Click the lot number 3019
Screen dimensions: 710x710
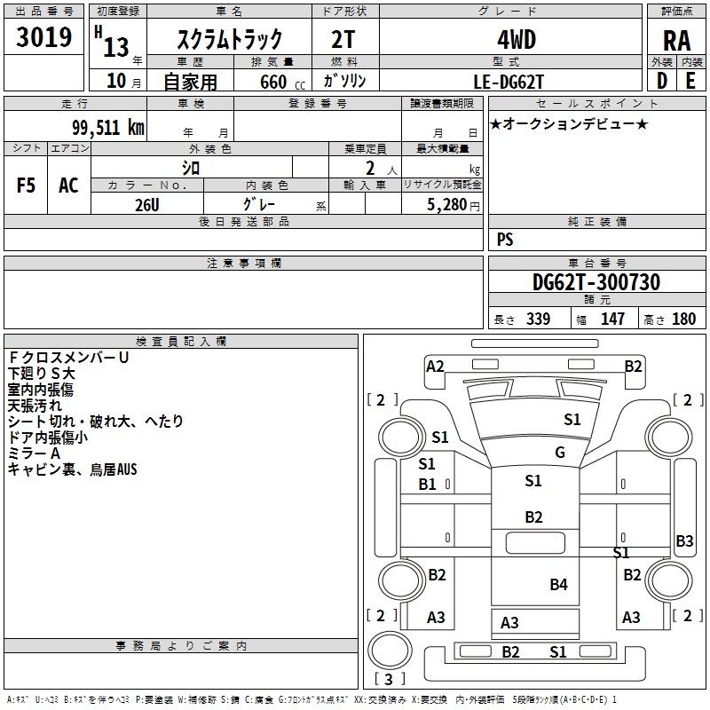[43, 37]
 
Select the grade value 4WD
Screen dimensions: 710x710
[517, 40]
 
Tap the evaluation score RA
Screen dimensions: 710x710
[676, 41]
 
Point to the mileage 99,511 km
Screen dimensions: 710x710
[108, 128]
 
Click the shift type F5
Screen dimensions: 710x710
[26, 185]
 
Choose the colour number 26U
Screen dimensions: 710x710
[147, 205]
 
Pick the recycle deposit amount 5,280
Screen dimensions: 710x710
[447, 205]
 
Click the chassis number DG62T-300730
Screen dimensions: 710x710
[596, 282]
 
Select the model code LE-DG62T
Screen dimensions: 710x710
[508, 82]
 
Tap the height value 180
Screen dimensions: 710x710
[683, 319]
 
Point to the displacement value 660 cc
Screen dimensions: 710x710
[282, 82]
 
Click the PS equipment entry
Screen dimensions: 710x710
[505, 240]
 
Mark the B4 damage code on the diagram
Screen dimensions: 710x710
[558, 585]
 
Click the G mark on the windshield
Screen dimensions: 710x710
[560, 453]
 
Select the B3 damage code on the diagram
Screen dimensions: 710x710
[684, 540]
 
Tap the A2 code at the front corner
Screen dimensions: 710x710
[435, 367]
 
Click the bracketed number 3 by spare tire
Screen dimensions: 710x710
[389, 679]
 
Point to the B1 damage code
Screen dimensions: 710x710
[427, 485]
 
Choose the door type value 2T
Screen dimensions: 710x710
[343, 40]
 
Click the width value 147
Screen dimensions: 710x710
[612, 319]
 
